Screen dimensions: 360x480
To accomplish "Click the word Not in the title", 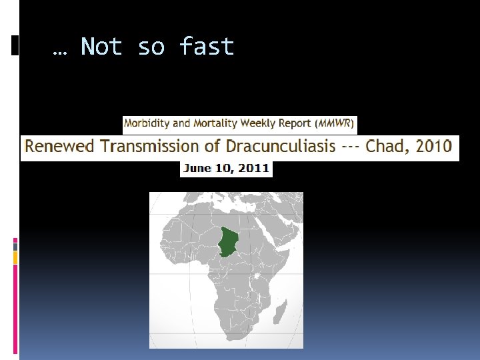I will click(x=101, y=47).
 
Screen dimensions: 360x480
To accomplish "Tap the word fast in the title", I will click(x=207, y=47).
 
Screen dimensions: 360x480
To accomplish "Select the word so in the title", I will click(x=152, y=47).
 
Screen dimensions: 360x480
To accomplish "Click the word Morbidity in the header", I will click(x=147, y=123).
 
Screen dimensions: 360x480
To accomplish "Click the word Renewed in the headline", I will click(x=55, y=146).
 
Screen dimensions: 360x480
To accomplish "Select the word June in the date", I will click(x=197, y=168).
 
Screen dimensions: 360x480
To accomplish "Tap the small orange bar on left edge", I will click(x=15, y=255).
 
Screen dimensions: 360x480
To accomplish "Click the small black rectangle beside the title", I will click(x=15, y=45).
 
